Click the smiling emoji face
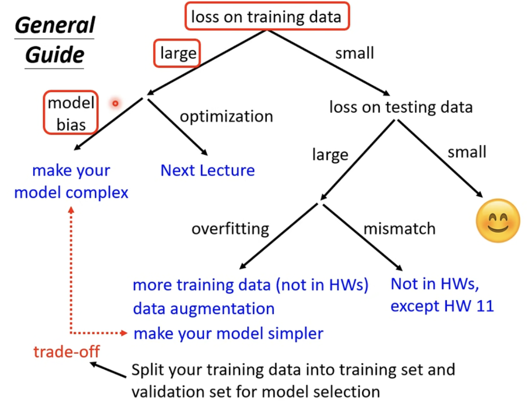(x=498, y=220)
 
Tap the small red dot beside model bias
(x=115, y=103)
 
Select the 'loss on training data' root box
(x=266, y=17)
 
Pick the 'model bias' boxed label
(x=70, y=113)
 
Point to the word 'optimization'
(x=226, y=116)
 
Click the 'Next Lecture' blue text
(x=208, y=170)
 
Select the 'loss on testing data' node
(x=401, y=106)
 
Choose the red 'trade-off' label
(x=66, y=352)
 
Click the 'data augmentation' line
(x=204, y=309)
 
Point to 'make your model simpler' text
(x=228, y=333)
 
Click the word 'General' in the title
(x=54, y=25)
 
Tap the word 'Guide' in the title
(x=54, y=54)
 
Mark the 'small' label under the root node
(x=354, y=52)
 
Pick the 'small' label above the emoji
(x=467, y=152)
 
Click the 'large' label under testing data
(x=330, y=155)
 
